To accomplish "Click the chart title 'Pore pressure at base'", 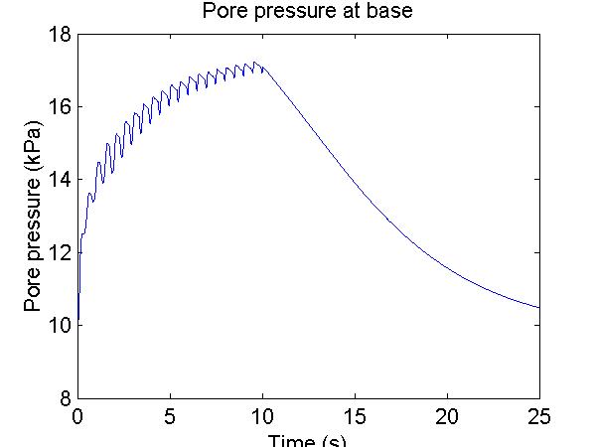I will pos(308,13).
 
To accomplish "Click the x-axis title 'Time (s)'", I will pos(309,440).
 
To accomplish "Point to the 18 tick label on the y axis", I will pos(59,35).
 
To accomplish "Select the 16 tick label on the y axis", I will pos(59,107).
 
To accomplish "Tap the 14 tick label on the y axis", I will pos(59,180).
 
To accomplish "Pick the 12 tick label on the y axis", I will pos(59,253).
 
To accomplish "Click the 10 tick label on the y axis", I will pos(59,326).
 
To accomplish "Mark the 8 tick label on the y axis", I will pos(65,398).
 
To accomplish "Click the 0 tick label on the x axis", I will pos(77,416).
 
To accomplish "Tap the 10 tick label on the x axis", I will pos(263,416).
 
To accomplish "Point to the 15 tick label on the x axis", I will pos(356,416).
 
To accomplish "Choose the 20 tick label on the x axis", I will pos(448,416).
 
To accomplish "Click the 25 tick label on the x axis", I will pos(540,416).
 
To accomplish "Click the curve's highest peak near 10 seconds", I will pos(255,62).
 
